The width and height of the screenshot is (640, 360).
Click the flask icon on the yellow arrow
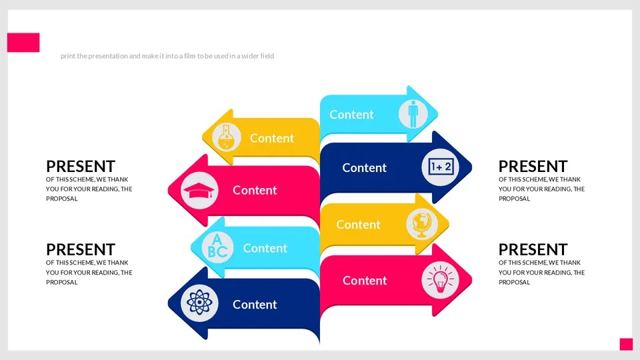pyautogui.click(x=227, y=138)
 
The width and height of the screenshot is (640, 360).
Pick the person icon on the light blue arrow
pyautogui.click(x=413, y=114)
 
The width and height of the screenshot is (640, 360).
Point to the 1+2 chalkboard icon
pyautogui.click(x=441, y=167)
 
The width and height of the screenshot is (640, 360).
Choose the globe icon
pyautogui.click(x=422, y=224)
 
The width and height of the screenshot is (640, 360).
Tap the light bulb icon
pyautogui.click(x=440, y=280)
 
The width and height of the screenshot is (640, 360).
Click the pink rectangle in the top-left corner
pyautogui.click(x=23, y=43)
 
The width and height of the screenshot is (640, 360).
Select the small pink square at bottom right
pyautogui.click(x=626, y=344)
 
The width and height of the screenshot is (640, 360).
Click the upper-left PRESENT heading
pyautogui.click(x=81, y=167)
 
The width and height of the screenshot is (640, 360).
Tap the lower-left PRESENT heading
pyautogui.click(x=81, y=250)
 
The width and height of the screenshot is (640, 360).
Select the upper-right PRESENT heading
pyautogui.click(x=533, y=167)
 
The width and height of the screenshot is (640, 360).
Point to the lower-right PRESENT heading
pyautogui.click(x=533, y=250)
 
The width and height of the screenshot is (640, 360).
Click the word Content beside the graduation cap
pyautogui.click(x=255, y=191)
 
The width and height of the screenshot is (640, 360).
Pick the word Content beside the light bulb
pyautogui.click(x=365, y=281)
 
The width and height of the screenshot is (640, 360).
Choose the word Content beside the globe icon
pyautogui.click(x=358, y=225)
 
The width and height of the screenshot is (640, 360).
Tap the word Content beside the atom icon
pyautogui.click(x=255, y=305)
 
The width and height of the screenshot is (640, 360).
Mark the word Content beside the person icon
pyautogui.click(x=351, y=115)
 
